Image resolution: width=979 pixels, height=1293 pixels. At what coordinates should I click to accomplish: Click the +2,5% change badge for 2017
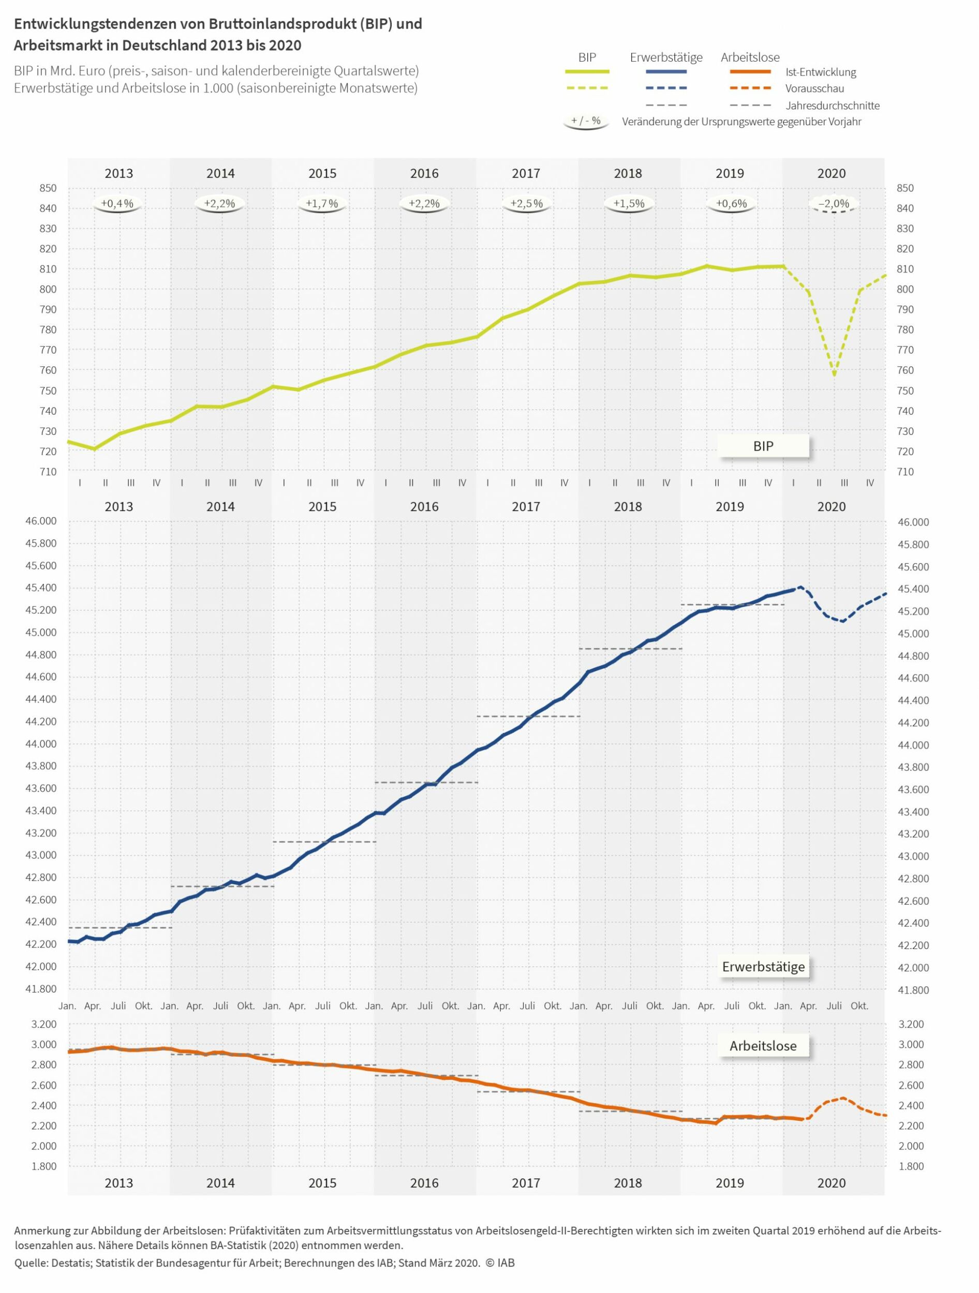pyautogui.click(x=526, y=204)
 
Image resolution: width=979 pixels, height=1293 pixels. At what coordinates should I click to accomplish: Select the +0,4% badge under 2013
pyautogui.click(x=117, y=204)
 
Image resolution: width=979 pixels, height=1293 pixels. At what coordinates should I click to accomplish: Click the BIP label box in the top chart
pyautogui.click(x=763, y=446)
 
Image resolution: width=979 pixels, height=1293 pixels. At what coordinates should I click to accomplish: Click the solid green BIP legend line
pyautogui.click(x=587, y=72)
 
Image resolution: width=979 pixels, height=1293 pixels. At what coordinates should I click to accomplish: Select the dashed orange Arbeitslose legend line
pyautogui.click(x=750, y=88)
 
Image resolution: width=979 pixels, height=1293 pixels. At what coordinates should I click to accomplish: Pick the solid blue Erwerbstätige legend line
pyautogui.click(x=666, y=72)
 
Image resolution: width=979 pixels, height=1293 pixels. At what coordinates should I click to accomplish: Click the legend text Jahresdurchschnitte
pyautogui.click(x=832, y=106)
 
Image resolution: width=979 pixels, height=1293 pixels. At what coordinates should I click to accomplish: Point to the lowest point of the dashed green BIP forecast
pyautogui.click(x=834, y=374)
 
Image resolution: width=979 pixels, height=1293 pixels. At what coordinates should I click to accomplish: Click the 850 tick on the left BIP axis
pyautogui.click(x=49, y=188)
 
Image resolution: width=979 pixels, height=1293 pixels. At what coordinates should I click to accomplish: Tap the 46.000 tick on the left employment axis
pyautogui.click(x=41, y=521)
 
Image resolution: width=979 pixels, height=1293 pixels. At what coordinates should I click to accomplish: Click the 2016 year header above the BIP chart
pyautogui.click(x=424, y=174)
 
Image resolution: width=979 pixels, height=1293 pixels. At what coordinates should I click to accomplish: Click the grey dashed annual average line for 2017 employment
pyautogui.click(x=528, y=716)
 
